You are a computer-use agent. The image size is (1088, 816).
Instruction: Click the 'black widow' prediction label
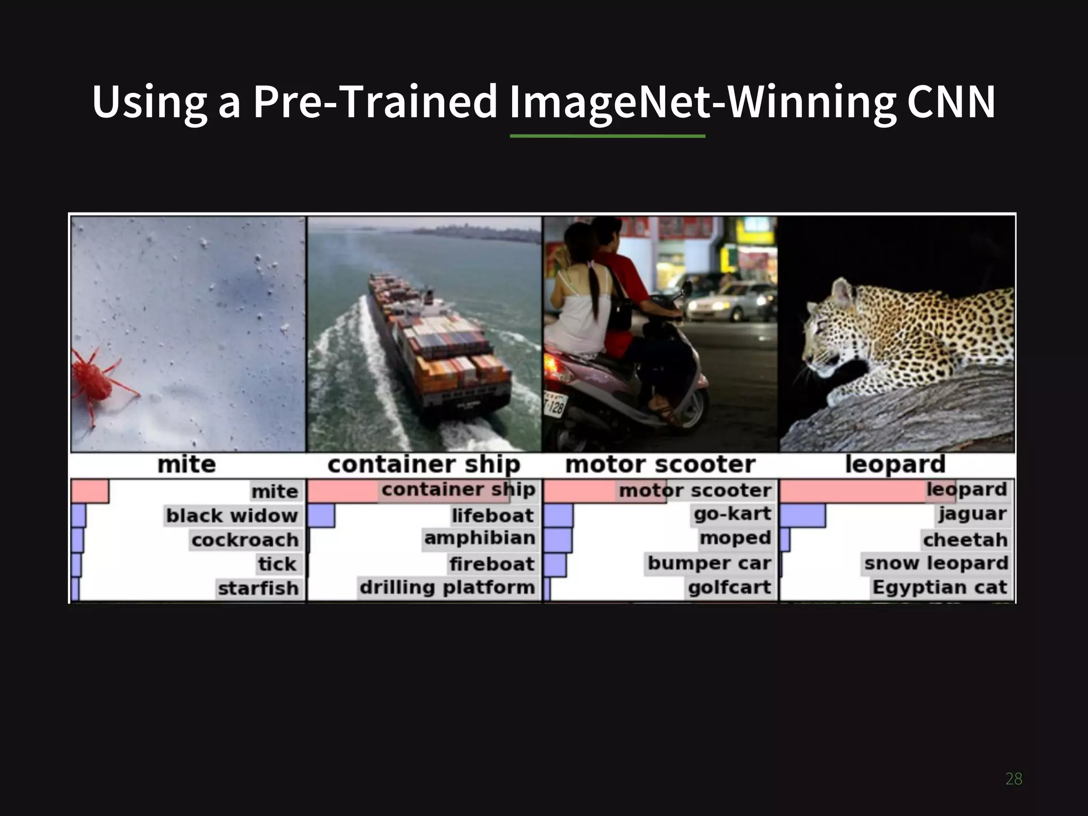232,515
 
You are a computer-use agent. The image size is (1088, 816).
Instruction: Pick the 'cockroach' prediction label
245,540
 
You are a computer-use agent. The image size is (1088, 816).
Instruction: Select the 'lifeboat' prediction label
492,515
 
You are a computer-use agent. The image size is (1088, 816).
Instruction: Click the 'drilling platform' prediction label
447,588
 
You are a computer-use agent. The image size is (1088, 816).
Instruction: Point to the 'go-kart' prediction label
733,514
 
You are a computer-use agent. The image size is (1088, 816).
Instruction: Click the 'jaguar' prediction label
972,514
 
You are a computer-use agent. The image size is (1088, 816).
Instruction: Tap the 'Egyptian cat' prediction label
940,588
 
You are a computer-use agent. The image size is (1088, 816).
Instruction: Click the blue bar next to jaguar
802,515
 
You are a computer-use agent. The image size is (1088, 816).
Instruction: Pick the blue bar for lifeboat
321,515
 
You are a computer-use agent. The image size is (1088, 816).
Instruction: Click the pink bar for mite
89,491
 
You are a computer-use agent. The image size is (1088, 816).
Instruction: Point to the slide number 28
1014,779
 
